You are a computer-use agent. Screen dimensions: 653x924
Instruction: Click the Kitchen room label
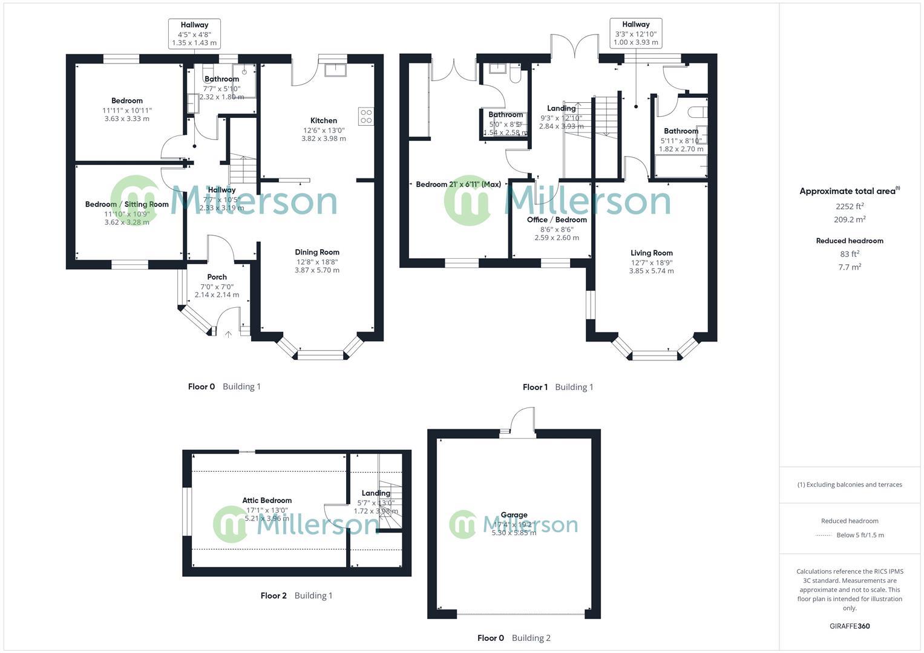point(324,120)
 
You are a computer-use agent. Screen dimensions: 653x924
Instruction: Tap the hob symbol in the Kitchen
point(365,116)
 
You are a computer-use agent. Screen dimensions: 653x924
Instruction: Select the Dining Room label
point(317,252)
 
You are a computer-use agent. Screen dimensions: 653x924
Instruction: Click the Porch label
point(217,277)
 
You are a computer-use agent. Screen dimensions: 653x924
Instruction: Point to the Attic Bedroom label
point(267,500)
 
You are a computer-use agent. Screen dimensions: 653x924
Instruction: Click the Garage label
point(514,515)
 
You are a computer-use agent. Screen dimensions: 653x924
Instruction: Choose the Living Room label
point(651,253)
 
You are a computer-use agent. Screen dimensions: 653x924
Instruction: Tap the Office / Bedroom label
point(557,219)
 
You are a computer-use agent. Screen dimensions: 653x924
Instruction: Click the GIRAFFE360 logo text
point(850,626)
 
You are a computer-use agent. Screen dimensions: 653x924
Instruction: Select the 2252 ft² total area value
point(850,206)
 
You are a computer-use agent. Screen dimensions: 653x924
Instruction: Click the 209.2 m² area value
point(850,220)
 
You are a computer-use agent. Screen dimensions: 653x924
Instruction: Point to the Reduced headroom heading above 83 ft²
point(850,241)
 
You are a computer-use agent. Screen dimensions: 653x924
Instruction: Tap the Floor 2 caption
point(274,596)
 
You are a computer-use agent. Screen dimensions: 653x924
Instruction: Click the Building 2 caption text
point(531,638)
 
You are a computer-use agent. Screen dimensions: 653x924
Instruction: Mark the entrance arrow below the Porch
point(228,333)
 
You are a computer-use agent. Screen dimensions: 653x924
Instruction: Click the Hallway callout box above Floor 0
point(194,33)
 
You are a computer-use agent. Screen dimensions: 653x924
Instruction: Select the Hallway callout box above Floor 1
point(635,33)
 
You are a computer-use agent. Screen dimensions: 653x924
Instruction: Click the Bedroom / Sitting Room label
point(126,204)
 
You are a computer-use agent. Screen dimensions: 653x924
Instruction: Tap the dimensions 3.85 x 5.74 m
point(651,271)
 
